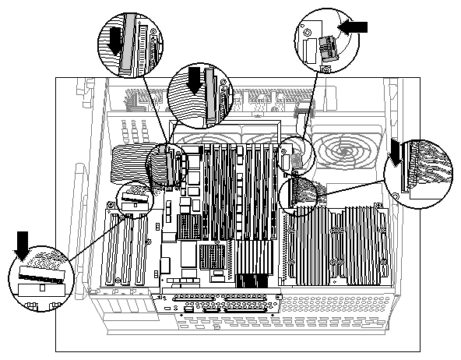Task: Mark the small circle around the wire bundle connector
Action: [x=297, y=193]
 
